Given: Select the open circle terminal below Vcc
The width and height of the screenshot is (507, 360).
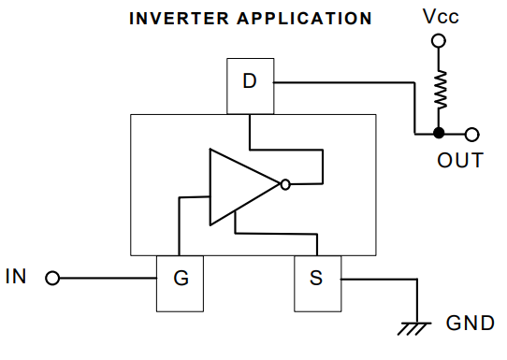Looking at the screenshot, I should [x=437, y=40].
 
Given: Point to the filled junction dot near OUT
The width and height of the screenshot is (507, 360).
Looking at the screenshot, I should [x=438, y=134].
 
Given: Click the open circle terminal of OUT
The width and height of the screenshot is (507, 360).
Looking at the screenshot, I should [x=471, y=134].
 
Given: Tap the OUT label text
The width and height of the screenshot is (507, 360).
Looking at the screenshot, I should [x=460, y=160].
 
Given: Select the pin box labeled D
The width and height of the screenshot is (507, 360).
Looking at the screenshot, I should [x=249, y=81].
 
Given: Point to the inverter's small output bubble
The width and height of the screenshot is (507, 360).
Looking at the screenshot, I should [x=285, y=185].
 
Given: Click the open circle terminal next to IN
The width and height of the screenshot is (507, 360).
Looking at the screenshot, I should [x=53, y=279].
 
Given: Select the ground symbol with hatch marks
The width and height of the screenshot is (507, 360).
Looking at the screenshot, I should [x=413, y=327].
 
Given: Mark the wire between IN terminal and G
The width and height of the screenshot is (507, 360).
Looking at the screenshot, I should [x=105, y=279].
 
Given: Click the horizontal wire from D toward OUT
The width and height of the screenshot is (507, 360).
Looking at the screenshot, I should [x=341, y=82].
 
